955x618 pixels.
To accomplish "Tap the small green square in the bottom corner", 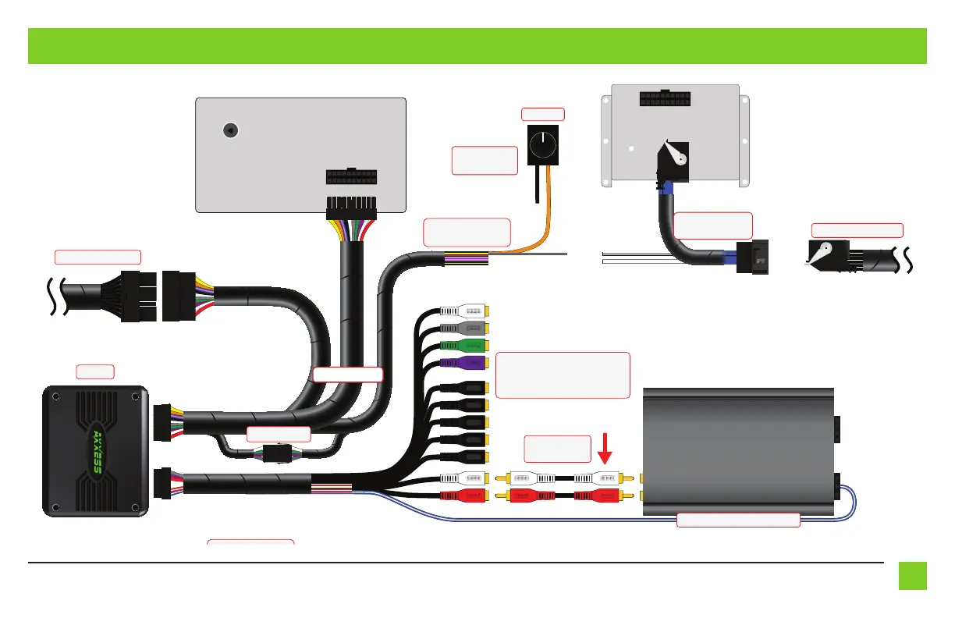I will click(911, 576).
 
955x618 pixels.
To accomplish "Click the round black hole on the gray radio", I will click(230, 131).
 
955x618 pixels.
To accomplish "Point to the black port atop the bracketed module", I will click(665, 98).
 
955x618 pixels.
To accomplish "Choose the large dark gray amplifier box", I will click(737, 449).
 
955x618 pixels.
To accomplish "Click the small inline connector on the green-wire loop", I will click(277, 453).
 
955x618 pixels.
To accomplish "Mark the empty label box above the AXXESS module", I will click(95, 371).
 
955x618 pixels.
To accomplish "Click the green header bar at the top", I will click(477, 46).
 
